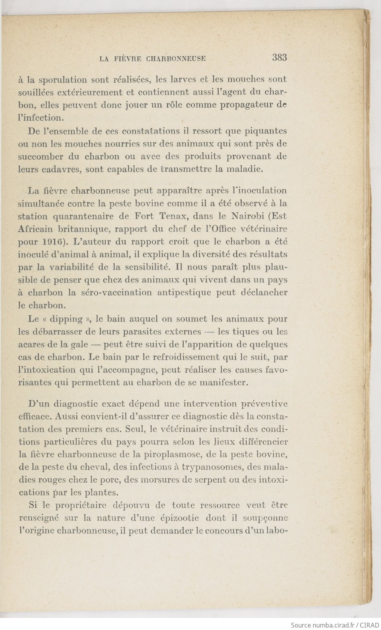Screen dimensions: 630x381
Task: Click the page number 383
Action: (x=279, y=58)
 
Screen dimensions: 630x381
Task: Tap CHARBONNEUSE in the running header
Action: (x=176, y=59)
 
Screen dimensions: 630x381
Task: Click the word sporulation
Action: (x=61, y=80)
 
